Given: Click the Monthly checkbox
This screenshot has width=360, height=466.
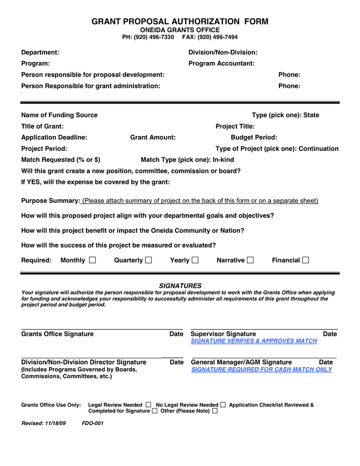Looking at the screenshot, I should tap(93, 260).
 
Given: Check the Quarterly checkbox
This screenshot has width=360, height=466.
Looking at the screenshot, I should tap(148, 260).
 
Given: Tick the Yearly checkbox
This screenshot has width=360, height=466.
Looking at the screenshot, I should tap(195, 260).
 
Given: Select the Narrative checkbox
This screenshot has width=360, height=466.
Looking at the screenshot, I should tap(250, 260).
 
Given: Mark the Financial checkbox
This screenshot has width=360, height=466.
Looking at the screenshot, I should tap(306, 260).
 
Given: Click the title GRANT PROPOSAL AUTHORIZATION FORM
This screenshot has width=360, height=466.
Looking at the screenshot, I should tap(180, 21).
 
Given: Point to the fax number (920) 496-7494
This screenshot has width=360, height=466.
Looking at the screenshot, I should tap(217, 37).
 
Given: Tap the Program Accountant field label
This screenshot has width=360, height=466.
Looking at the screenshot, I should tap(221, 63).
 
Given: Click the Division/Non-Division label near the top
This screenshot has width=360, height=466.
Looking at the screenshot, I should tap(223, 52).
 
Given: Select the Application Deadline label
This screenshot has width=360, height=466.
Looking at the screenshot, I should tap(54, 137).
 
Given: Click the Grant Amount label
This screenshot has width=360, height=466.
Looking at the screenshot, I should tap(153, 137).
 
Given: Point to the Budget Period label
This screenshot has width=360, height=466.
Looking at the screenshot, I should tap(254, 137).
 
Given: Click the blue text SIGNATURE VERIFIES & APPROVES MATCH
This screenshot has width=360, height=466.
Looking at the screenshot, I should tap(253, 341).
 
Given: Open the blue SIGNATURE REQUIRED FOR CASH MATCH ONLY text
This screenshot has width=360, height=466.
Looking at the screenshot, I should tap(261, 370).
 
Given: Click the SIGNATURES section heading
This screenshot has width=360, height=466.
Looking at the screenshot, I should tap(180, 286).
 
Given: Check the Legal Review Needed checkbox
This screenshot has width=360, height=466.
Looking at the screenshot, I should tap(148, 404).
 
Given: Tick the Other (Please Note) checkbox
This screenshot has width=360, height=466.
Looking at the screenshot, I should tap(215, 411).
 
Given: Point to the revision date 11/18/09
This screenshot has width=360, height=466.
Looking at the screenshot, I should tap(55, 424).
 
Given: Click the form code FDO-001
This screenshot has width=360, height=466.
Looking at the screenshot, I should tap(93, 424).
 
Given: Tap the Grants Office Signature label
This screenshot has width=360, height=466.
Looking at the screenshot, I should tap(57, 334).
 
